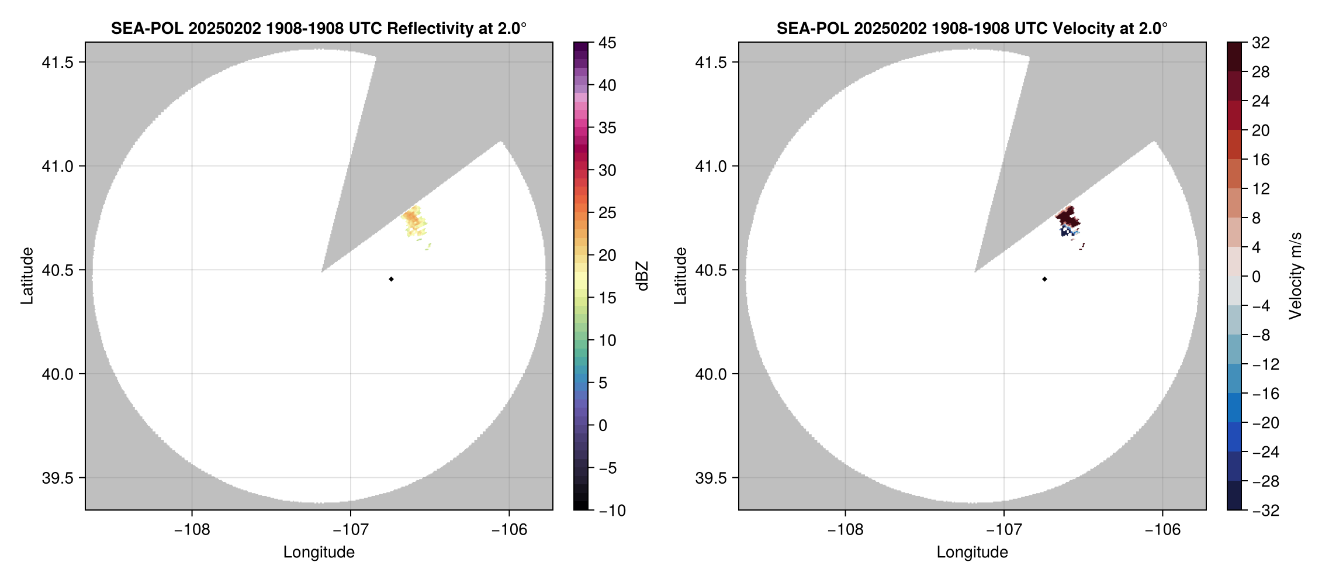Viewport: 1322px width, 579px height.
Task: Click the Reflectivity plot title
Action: click(x=319, y=28)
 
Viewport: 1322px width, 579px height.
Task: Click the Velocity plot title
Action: click(x=971, y=28)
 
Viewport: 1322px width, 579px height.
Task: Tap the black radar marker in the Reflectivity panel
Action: click(x=391, y=279)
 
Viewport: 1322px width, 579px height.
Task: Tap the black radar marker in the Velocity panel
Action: click(x=1044, y=279)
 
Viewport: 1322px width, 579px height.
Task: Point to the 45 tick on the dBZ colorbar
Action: click(x=607, y=43)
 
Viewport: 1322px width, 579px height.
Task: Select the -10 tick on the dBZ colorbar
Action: click(x=611, y=511)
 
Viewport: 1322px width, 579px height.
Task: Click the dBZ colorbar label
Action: click(x=642, y=276)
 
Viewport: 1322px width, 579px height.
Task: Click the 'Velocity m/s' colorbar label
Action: click(x=1296, y=276)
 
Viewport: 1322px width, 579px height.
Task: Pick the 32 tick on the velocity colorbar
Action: click(x=1261, y=43)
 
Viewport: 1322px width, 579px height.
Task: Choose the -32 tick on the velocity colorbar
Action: click(x=1265, y=511)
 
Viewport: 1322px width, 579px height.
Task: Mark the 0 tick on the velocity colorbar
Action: click(x=1256, y=277)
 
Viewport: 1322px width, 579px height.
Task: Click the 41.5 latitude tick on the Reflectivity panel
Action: click(x=57, y=63)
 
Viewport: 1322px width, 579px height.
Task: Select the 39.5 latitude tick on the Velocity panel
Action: click(x=711, y=478)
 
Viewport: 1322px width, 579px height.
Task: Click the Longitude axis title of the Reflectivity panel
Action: click(x=319, y=552)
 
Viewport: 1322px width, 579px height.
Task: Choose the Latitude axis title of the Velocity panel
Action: click(x=680, y=276)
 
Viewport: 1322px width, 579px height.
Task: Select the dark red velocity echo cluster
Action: click(x=1067, y=217)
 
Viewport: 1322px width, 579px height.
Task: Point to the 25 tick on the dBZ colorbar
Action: click(x=607, y=213)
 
